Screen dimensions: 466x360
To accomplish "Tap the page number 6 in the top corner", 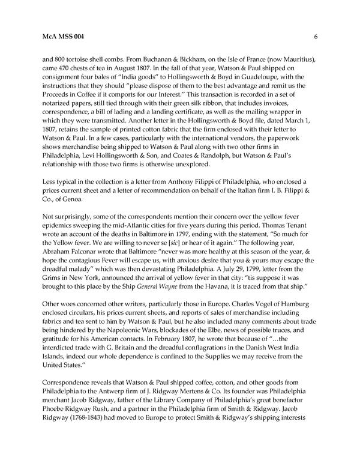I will pyautogui.click(x=315, y=37).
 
